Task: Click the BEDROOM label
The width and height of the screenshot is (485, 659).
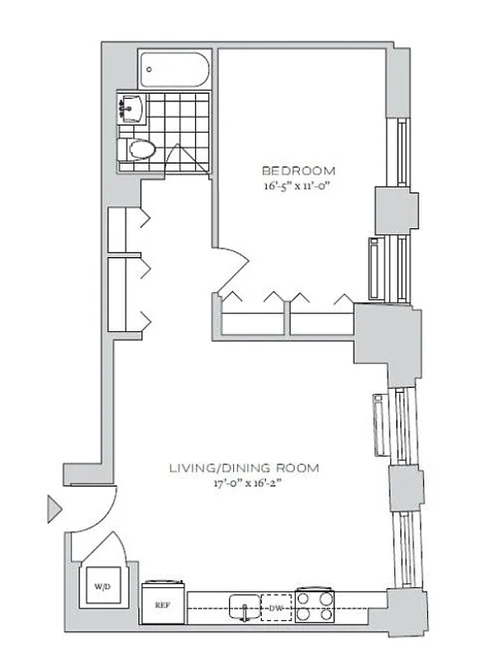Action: [298, 171]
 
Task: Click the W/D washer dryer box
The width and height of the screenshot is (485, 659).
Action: [102, 587]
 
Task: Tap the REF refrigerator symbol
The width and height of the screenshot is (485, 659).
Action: [162, 603]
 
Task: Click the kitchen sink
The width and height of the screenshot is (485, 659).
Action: [243, 606]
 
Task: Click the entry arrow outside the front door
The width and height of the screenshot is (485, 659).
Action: [54, 508]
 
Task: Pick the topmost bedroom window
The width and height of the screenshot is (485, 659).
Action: [401, 152]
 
